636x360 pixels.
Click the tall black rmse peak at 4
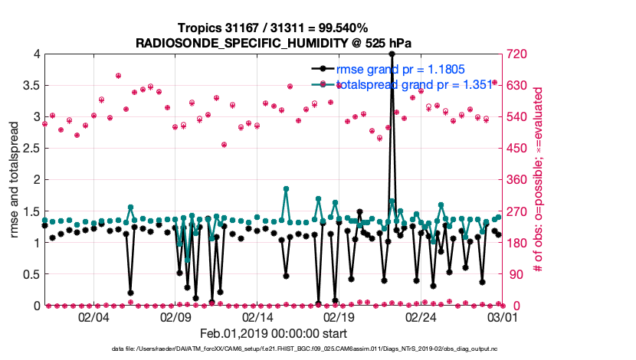[392, 54]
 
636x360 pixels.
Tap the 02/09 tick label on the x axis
[175, 316]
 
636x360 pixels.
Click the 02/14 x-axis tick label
[257, 316]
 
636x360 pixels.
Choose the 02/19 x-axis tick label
[339, 316]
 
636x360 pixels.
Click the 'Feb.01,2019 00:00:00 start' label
[274, 333]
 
